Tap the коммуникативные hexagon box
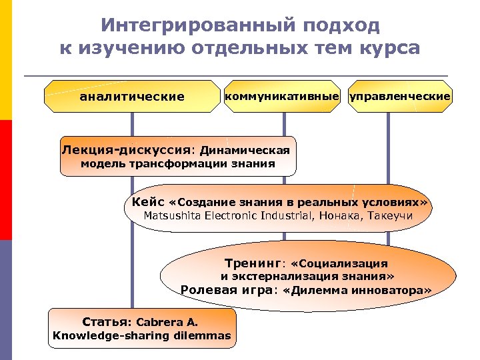coord(282,97)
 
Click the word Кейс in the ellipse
coord(148,201)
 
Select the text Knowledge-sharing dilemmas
coord(141,335)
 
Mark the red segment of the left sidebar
coord(6,180)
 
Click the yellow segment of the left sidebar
coord(6,60)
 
